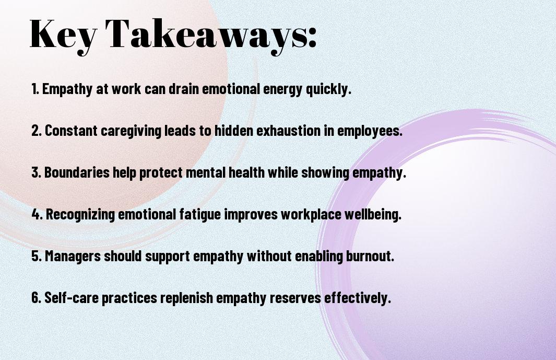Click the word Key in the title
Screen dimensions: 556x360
(x=63, y=35)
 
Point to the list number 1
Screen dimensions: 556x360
(x=35, y=89)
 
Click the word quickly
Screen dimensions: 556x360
(x=328, y=89)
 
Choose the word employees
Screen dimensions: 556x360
(x=370, y=131)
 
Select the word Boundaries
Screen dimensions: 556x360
(x=77, y=172)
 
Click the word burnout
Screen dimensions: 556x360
(x=370, y=256)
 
